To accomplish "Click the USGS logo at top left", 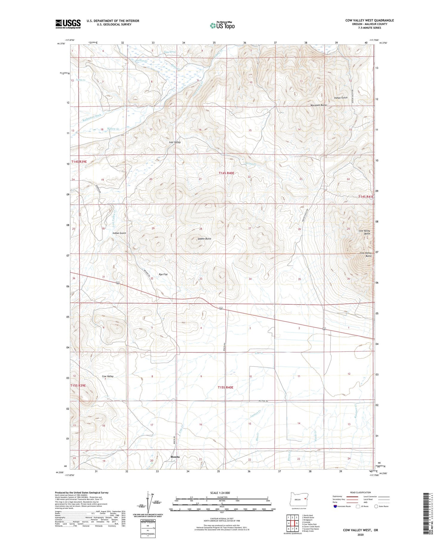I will (x=68, y=24).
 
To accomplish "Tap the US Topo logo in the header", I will (x=222, y=26).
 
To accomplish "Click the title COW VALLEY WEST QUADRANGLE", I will (x=370, y=20).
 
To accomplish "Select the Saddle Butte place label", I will (x=204, y=239).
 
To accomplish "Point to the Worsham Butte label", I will (x=318, y=105).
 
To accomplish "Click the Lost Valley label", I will (x=175, y=142).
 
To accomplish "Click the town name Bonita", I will (x=175, y=457).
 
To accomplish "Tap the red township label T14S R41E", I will (x=366, y=197).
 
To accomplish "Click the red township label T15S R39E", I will (x=78, y=386).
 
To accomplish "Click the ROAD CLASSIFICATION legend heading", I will (x=361, y=492).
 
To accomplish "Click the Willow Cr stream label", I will (x=113, y=129).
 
